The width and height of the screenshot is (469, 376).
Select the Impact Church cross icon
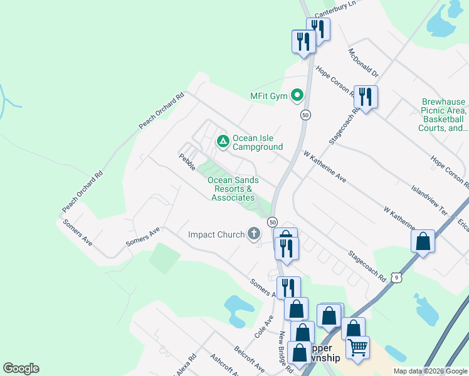[x=254, y=234]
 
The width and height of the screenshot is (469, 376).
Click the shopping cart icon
[x=357, y=347]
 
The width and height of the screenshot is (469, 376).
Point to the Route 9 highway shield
[x=396, y=277]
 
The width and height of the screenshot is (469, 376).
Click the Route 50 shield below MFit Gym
[x=305, y=115]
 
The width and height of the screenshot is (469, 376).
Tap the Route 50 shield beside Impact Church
[x=273, y=222]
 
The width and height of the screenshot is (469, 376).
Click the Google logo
[x=21, y=368]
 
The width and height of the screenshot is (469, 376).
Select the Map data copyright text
[x=430, y=371]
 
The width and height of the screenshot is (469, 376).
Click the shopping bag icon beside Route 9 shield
[x=423, y=241]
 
